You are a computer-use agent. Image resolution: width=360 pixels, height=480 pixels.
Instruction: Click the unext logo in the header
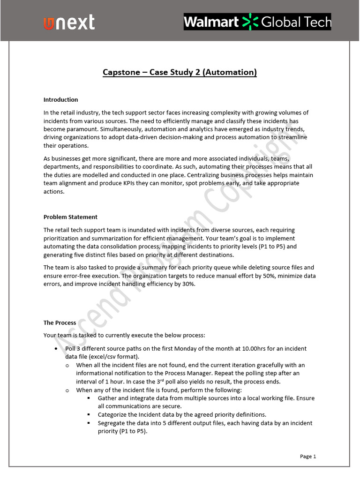69,22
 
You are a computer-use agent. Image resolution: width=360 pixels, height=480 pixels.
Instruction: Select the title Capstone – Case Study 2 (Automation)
180,72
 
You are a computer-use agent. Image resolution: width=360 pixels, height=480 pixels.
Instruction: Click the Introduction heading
60,99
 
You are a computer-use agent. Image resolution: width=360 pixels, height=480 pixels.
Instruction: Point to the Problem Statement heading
70,217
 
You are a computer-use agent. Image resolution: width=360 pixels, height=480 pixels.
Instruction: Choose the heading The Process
60,323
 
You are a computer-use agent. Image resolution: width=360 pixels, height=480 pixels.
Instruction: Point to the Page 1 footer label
308,456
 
